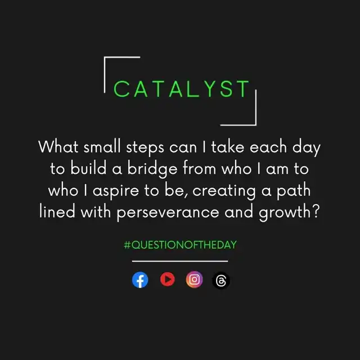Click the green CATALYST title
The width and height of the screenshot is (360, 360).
pos(181,89)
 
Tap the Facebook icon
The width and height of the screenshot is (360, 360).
pos(140,280)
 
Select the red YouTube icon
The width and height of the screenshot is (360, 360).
pos(168,280)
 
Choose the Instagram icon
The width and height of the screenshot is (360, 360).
pos(194,280)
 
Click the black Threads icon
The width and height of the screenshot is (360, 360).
pos(221,281)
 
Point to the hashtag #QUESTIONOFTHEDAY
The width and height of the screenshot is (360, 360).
pos(180,245)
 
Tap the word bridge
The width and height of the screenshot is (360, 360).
pos(152,169)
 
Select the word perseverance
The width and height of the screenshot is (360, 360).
pos(168,213)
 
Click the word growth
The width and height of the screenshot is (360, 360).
pos(285,213)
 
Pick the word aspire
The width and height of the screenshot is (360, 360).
pos(115,191)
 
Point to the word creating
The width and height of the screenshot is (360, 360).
pos(224,191)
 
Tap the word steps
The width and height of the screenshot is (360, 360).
pos(145,147)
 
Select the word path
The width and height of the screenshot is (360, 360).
pos(294,191)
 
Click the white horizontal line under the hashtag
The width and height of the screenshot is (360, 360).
pos(180,261)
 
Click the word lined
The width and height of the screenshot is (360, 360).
pos(57,211)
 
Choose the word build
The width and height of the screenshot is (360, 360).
pos(88,168)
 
